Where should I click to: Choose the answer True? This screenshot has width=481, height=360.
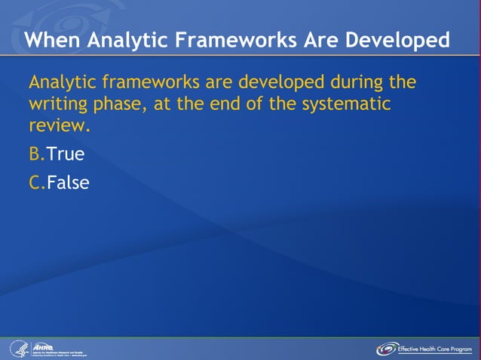click(x=66, y=154)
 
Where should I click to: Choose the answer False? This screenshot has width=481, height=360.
click(x=68, y=182)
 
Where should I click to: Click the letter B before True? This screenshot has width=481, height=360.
click(x=35, y=154)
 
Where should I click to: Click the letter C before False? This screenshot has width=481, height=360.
click(x=35, y=182)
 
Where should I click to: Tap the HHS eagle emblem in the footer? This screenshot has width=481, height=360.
click(x=18, y=348)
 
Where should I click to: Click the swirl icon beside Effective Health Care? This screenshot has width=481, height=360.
click(x=387, y=349)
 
